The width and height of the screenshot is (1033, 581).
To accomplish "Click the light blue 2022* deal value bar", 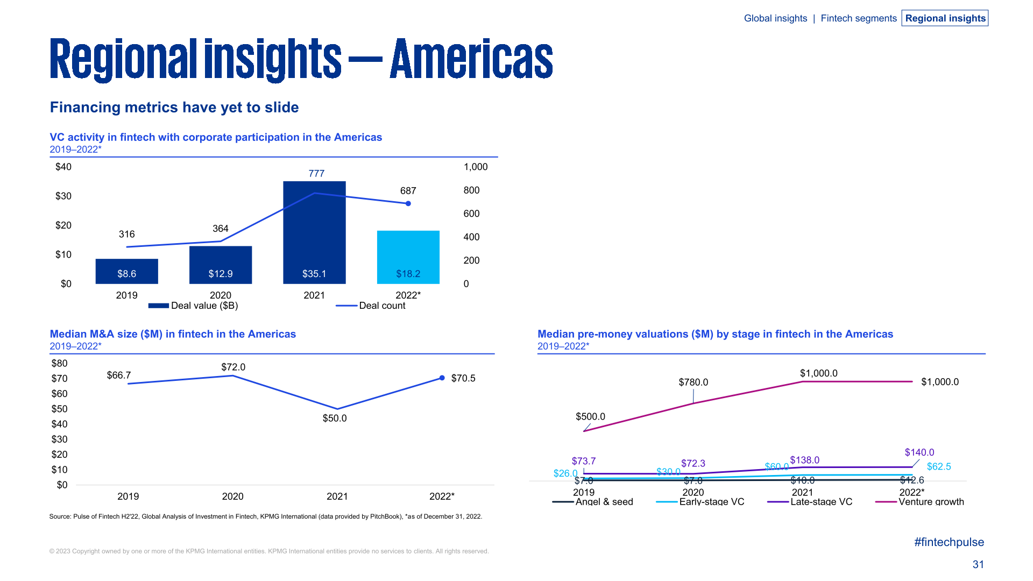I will click(x=408, y=257).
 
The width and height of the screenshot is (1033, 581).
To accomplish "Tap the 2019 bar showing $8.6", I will click(x=126, y=271).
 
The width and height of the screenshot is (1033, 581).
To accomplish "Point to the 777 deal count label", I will click(x=316, y=173).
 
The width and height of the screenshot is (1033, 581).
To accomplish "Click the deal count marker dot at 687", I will click(x=408, y=203).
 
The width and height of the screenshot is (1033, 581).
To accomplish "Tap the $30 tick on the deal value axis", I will click(x=63, y=196).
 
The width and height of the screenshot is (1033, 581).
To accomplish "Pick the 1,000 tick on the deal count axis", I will click(x=476, y=167).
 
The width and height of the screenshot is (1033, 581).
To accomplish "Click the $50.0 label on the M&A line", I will click(x=335, y=418).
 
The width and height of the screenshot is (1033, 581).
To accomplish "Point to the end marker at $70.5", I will click(x=442, y=378).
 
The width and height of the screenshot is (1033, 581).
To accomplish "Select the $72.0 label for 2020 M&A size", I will click(x=233, y=367).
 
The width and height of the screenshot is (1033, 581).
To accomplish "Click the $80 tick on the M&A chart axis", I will click(x=59, y=363).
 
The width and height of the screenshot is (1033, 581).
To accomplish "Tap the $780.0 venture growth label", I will click(x=693, y=382).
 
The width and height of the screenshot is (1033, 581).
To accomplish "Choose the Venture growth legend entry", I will click(x=919, y=501).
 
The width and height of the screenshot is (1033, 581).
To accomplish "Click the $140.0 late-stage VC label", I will click(x=919, y=452).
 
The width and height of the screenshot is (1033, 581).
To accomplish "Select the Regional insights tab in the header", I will click(x=945, y=18).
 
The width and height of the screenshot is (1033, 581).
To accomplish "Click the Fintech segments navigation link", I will click(x=858, y=18).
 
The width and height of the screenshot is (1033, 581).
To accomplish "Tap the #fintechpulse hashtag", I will click(x=949, y=542).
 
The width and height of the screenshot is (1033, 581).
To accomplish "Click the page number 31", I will click(x=978, y=564).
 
